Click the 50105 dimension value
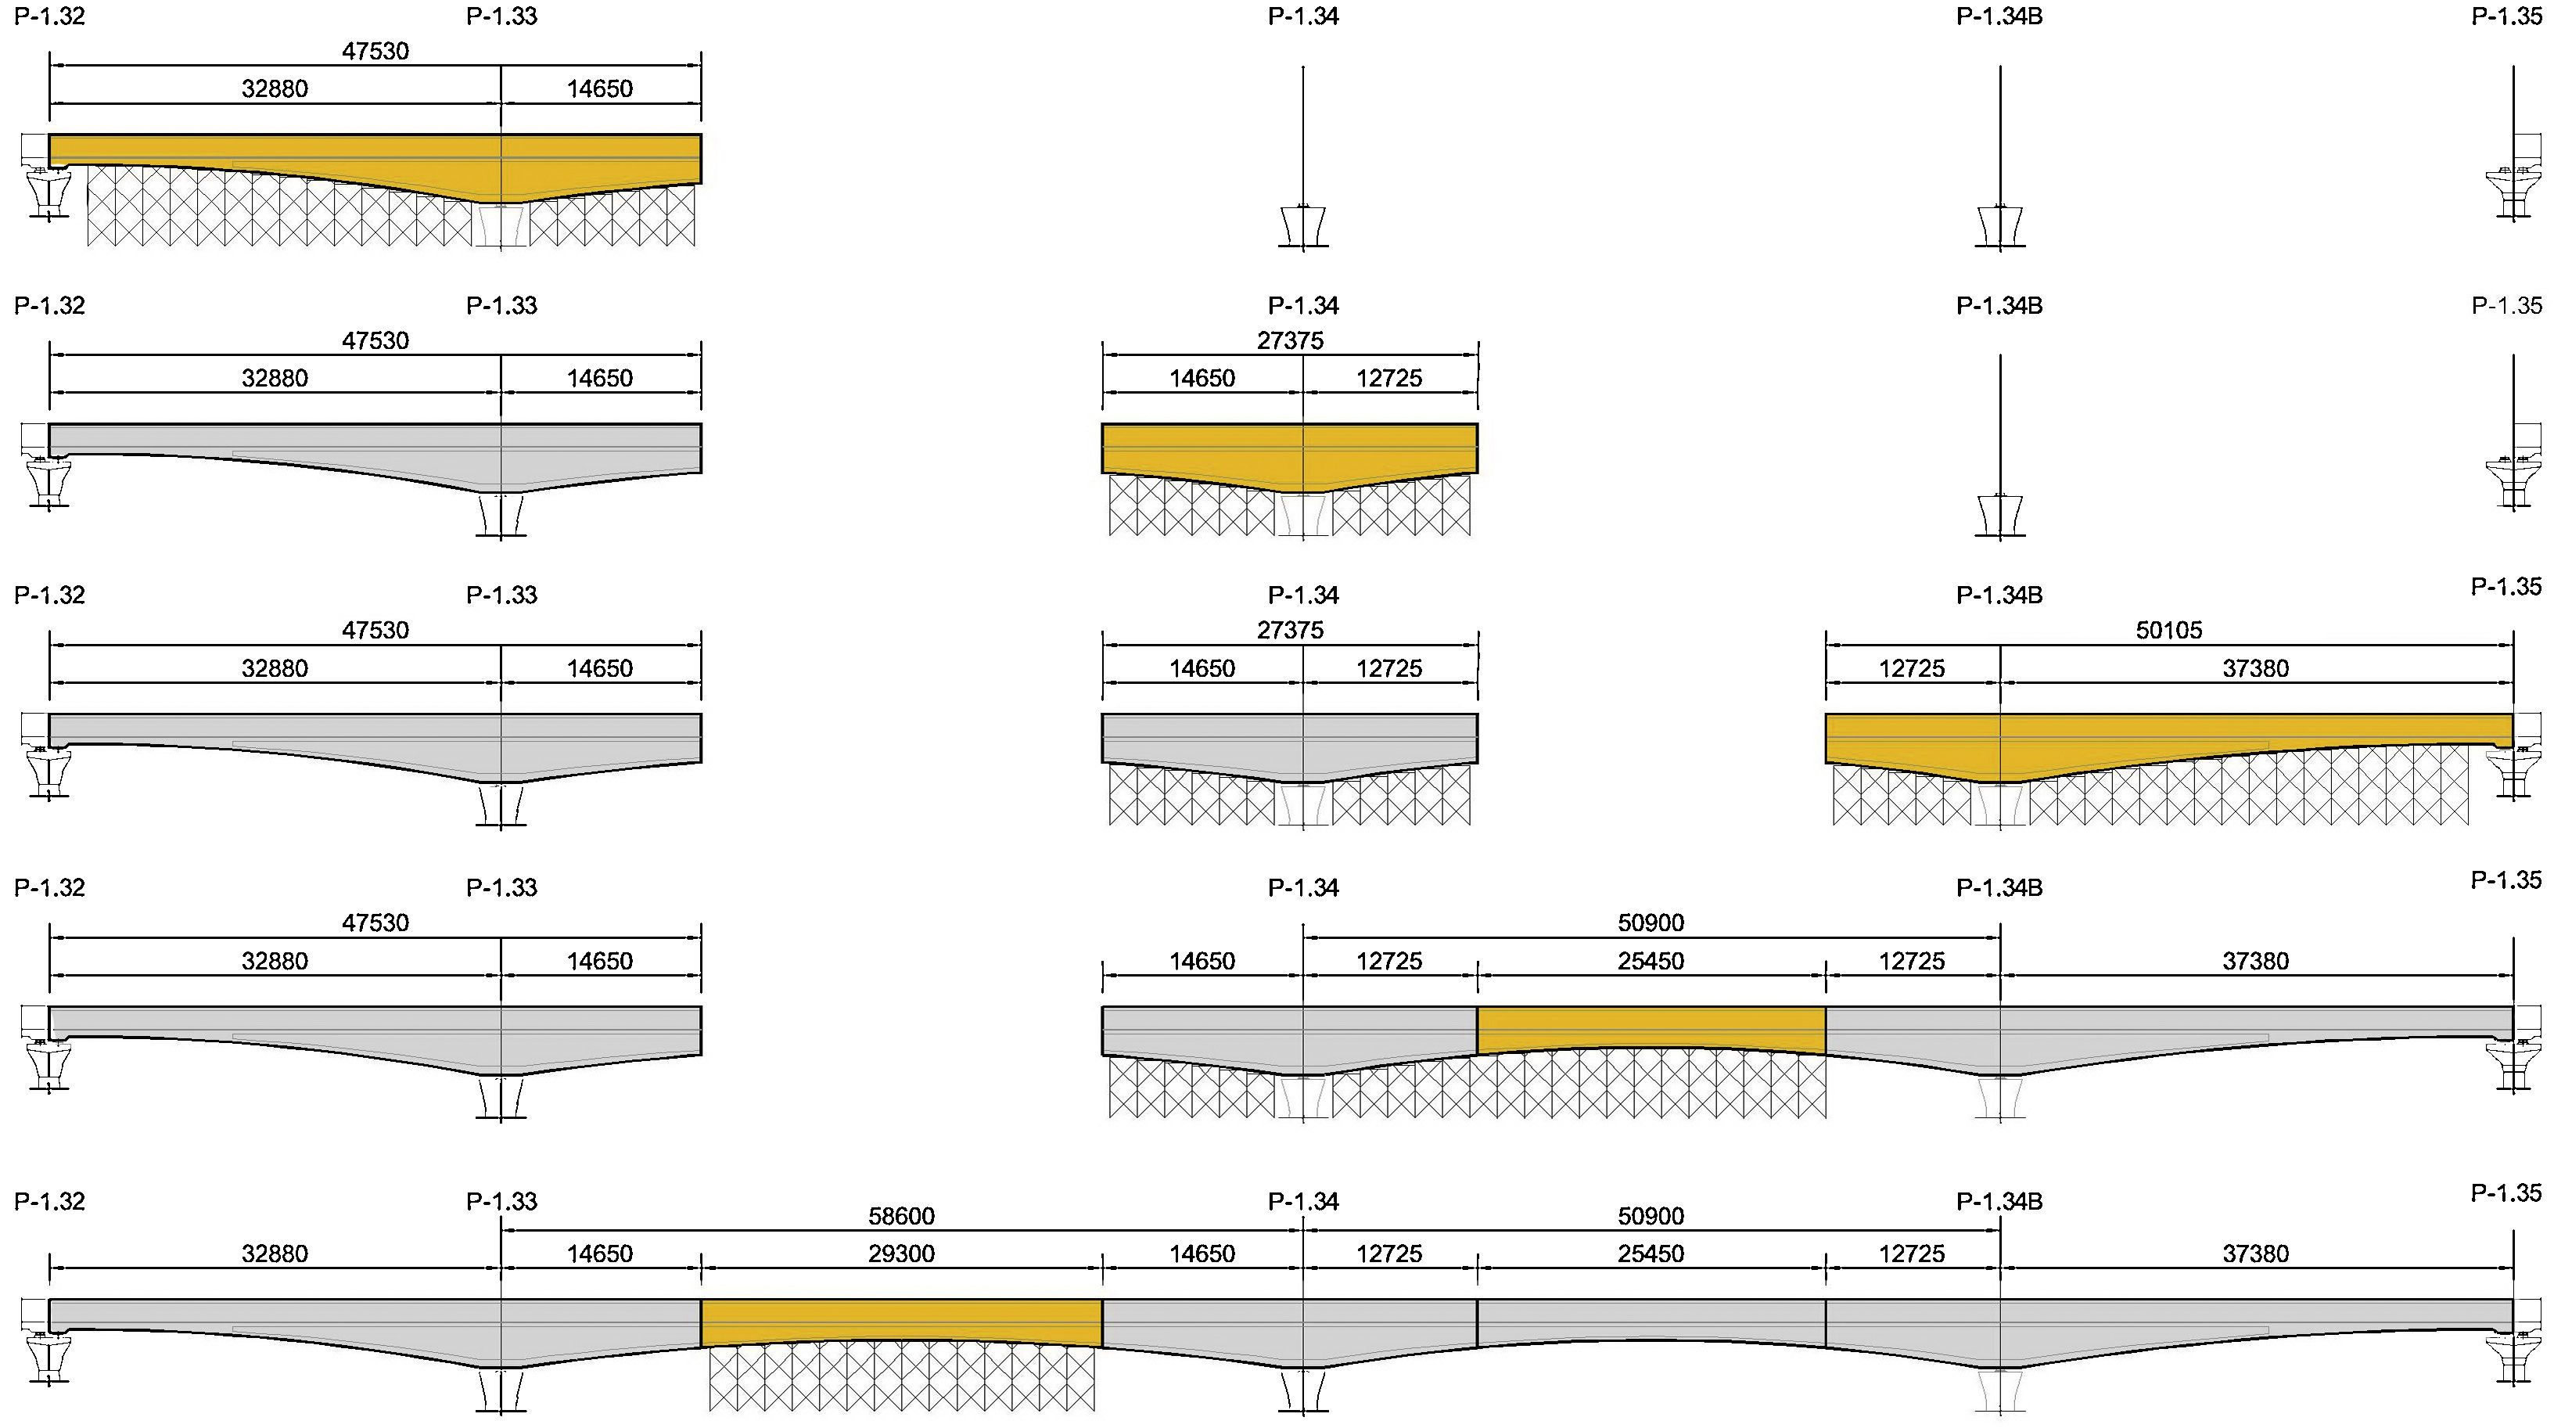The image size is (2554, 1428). [x=2168, y=630]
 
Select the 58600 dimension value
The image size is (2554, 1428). [x=901, y=1216]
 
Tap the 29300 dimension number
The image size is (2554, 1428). [x=901, y=1254]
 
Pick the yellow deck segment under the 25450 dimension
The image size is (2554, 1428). [x=1651, y=1028]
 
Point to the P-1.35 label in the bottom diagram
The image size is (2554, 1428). [x=2506, y=1193]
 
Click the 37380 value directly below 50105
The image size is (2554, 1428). [x=2255, y=668]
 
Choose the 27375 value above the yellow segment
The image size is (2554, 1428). [x=1290, y=340]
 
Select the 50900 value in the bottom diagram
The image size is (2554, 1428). [x=1651, y=1216]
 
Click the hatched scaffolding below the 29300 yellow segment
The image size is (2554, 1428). [x=901, y=1379]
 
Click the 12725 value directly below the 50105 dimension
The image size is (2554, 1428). [x=1912, y=668]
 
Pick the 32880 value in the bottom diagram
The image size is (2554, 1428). [x=275, y=1254]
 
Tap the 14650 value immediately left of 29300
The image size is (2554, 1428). [x=600, y=1254]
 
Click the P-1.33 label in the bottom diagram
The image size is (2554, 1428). [x=501, y=1201]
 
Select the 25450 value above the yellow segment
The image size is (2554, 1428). [x=1651, y=961]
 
